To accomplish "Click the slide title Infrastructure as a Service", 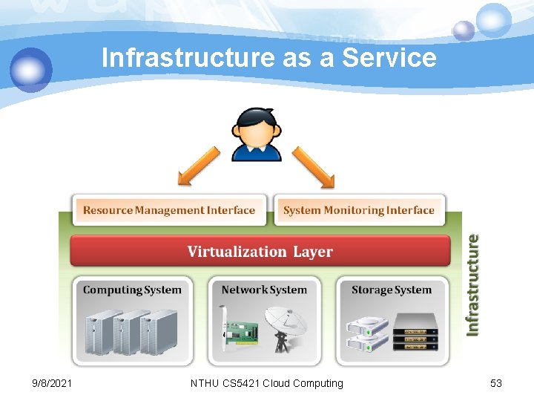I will point(268,57).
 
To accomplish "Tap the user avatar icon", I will point(257,134).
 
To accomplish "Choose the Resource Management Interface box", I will point(168,210).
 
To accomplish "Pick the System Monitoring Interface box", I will point(359,210).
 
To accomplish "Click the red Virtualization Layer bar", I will point(260,251).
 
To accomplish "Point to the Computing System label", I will point(132,290).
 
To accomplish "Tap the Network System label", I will point(264,290).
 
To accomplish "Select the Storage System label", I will point(391,290).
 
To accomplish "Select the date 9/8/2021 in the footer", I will point(53,383).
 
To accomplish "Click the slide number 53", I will point(496,383).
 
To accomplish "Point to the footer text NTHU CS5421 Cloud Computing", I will point(267,383).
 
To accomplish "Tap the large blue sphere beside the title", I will point(31,69).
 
